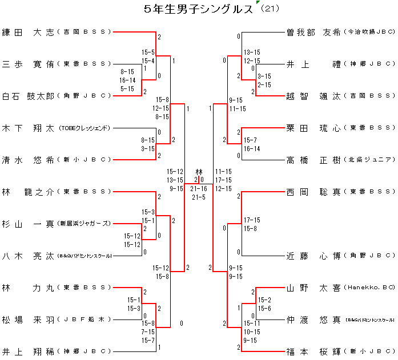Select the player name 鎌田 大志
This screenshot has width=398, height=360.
click(28, 32)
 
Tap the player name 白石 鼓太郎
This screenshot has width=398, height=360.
click(28, 96)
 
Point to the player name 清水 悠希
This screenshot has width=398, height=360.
click(28, 160)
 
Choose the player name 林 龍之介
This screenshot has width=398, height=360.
click(28, 192)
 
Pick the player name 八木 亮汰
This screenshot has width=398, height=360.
click(28, 256)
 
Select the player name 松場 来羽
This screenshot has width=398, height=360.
click(28, 319)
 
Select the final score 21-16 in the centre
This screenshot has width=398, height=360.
click(199, 188)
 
